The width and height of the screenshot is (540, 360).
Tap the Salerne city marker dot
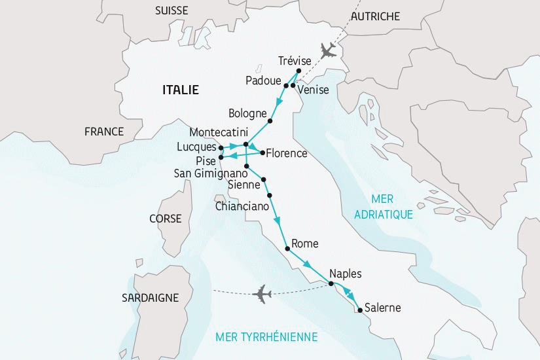pyautogui.click(x=360, y=310)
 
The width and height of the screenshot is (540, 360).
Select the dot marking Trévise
pyautogui.click(x=298, y=71)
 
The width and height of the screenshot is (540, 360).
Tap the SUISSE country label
pyautogui.click(x=171, y=10)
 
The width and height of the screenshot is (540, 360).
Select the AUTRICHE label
pyautogui.click(x=375, y=16)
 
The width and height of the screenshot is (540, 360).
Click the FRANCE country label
pyautogui.click(x=103, y=132)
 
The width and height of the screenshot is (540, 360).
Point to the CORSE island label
pyautogui.click(x=165, y=219)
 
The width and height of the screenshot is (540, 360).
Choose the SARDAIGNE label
pyautogui.click(x=150, y=298)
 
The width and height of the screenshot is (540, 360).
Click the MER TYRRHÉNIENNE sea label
pyautogui.click(x=266, y=337)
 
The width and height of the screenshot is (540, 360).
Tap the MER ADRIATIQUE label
pyautogui.click(x=382, y=206)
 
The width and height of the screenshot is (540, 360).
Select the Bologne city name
pyautogui.click(x=249, y=112)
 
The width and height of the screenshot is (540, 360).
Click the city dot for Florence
pyautogui.click(x=262, y=153)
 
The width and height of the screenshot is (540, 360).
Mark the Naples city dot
pyautogui.click(x=331, y=283)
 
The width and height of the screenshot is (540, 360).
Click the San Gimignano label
pyautogui.click(x=210, y=174)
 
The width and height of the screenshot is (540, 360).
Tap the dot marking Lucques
pyautogui.click(x=221, y=147)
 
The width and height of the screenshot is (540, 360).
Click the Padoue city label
pyautogui.click(x=263, y=81)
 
